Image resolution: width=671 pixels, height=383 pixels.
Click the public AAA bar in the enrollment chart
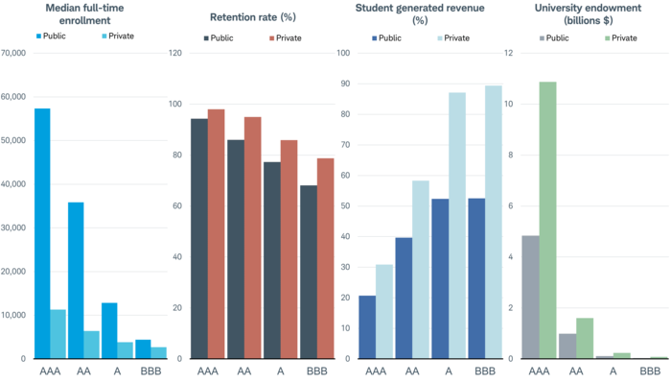click(42, 233)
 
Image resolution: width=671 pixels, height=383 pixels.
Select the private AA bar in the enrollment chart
click(92, 345)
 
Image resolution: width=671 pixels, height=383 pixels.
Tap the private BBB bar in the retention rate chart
click(326, 258)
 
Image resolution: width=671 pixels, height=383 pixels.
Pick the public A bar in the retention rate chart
click(272, 260)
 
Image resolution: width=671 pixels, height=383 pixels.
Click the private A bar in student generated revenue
click(457, 226)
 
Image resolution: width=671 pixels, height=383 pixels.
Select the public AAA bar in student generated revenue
click(367, 327)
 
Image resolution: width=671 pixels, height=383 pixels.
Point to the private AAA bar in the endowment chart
click(547, 220)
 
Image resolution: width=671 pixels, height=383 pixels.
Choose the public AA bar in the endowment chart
click(567, 347)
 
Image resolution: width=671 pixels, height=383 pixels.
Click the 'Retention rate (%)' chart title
click(253, 17)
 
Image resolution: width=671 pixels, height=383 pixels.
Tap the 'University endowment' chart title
click(588, 14)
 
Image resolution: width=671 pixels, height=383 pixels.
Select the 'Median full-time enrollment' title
click(84, 14)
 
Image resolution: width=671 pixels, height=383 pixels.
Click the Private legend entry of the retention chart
click(286, 38)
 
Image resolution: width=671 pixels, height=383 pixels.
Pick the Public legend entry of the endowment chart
click(554, 38)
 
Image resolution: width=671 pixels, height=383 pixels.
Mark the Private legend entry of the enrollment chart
click(118, 36)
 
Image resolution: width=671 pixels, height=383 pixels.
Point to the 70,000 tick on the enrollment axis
click(13, 53)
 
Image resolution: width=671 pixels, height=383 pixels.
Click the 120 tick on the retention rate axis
click(175, 53)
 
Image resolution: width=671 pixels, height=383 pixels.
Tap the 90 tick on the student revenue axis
click(345, 84)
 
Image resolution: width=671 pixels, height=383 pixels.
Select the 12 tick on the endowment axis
click(508, 53)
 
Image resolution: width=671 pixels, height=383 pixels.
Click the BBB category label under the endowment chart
click(650, 371)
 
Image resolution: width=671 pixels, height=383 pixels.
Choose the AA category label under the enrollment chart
click(83, 371)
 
